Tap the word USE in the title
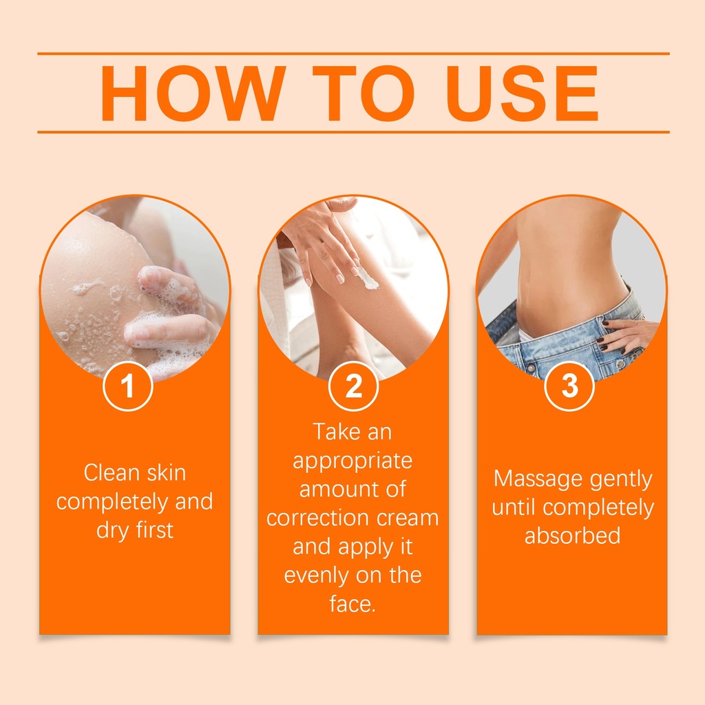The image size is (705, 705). pos(522,94)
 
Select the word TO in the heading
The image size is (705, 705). pos(363,94)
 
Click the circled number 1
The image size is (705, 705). pos(127,386)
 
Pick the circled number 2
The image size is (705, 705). pos(353,386)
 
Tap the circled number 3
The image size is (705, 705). pos(569,386)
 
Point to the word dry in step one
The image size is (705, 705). pos(112,531)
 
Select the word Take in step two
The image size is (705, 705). pos(336,432)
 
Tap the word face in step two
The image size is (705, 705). pos(350,604)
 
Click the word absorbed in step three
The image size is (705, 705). pos(572,536)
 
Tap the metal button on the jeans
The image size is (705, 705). pos(532,368)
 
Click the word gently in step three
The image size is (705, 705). pos(621,480)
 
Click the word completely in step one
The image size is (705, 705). pos(112,502)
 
